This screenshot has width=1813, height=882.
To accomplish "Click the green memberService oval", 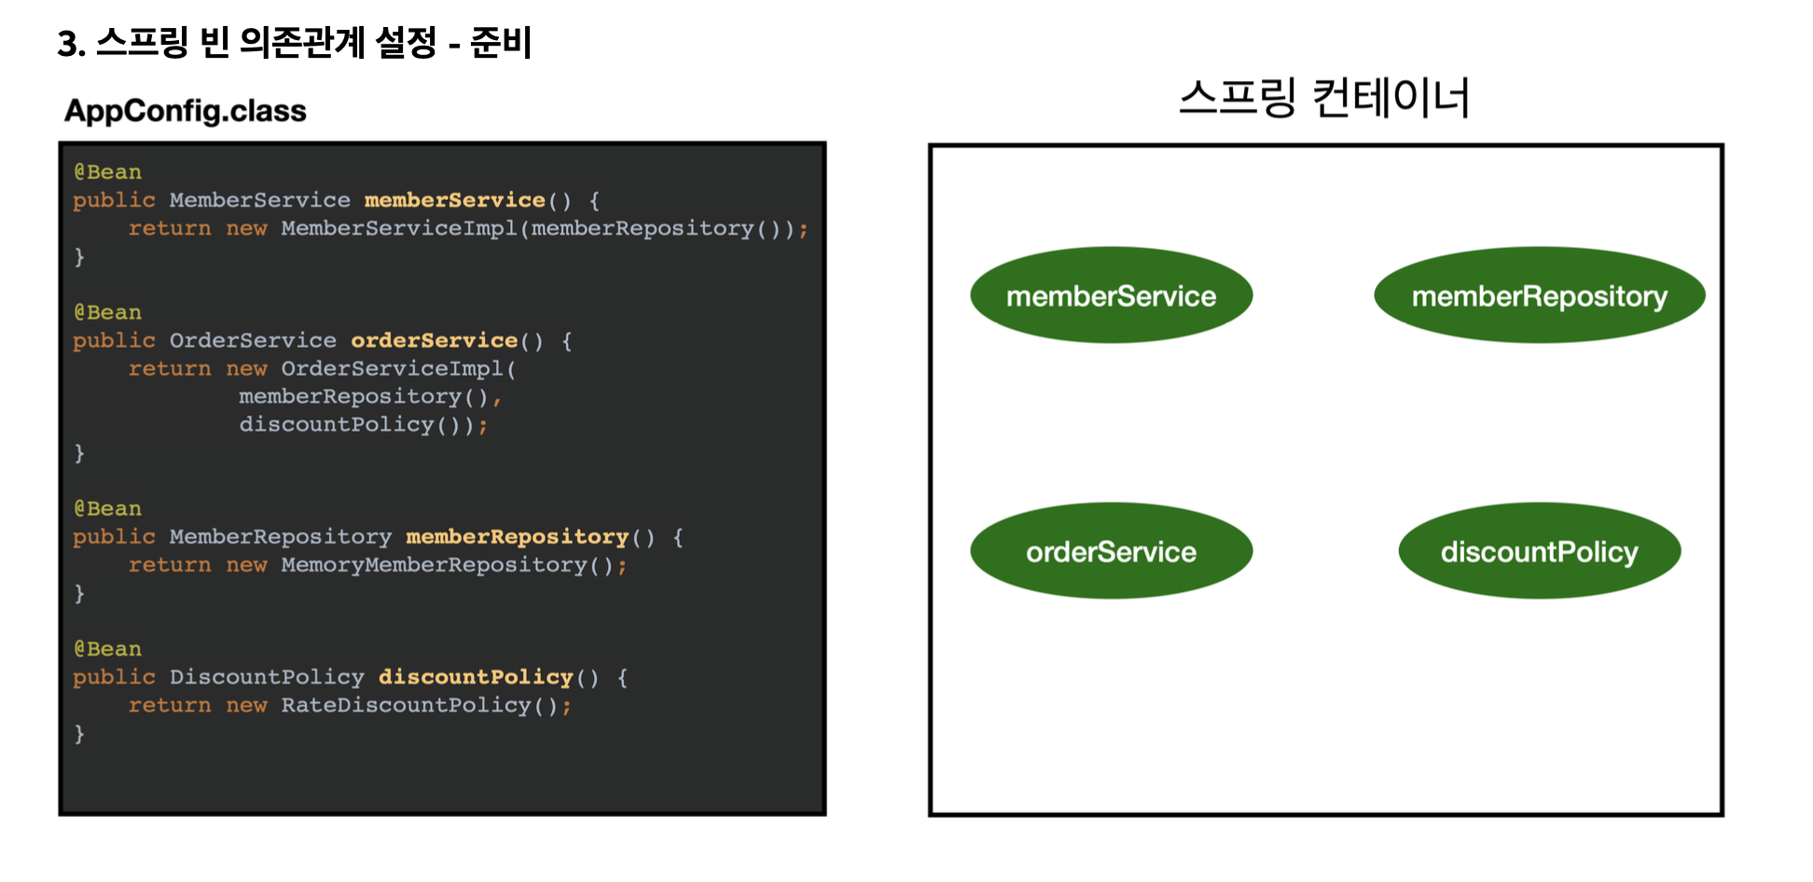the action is (1111, 296).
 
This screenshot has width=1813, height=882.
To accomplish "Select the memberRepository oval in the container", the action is (1539, 296).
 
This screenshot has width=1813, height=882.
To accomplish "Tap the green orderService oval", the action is (1111, 551).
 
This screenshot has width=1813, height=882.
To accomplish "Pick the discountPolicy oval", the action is (1539, 551).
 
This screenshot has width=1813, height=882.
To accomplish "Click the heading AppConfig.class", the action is (185, 111).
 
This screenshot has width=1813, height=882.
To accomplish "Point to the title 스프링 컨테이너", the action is (1324, 98).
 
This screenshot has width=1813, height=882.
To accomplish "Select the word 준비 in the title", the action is (501, 43).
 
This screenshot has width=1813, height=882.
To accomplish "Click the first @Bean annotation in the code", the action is (108, 172).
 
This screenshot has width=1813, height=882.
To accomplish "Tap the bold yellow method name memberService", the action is (454, 200).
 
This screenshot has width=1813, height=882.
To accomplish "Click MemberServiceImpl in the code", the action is (398, 228).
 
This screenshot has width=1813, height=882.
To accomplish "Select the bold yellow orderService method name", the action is (434, 341).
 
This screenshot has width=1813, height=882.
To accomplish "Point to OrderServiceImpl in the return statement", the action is (392, 369).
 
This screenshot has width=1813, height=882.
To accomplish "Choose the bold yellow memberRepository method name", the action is (518, 537).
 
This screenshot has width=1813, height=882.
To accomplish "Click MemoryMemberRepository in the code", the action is (434, 565).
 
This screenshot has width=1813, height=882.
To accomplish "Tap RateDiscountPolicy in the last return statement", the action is (406, 706).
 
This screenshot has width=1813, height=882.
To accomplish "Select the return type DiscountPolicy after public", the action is (267, 678).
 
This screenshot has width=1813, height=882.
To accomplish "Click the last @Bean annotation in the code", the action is (108, 649).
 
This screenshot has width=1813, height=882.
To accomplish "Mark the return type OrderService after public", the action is (253, 341).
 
